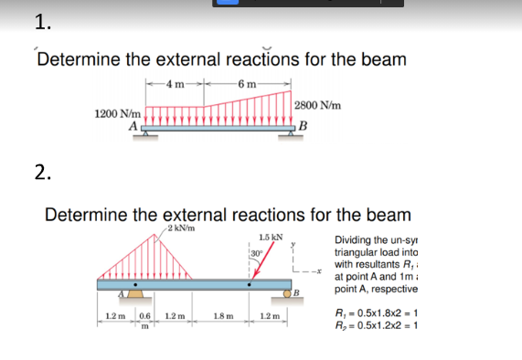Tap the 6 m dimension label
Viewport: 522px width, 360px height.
pos(248,85)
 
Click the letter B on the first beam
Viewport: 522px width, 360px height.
pos(302,125)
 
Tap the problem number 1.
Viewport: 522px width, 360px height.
pos(41,23)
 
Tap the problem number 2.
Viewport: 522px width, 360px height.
pos(41,174)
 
